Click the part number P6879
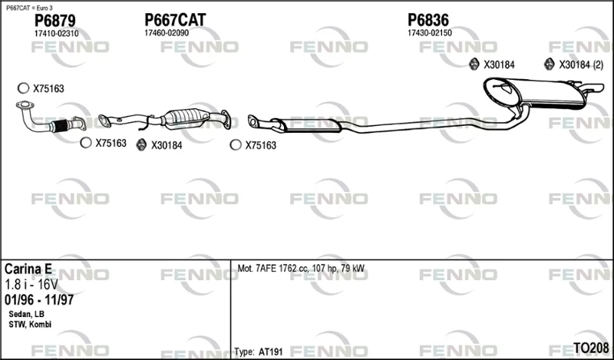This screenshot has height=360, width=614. point(54,21)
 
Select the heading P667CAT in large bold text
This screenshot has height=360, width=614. point(175,20)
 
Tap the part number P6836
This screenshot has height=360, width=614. point(428,20)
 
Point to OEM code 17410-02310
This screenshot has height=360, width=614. point(56,34)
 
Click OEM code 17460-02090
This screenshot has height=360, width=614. point(167,33)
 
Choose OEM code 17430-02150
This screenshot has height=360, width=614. point(430,33)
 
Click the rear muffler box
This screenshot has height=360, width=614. point(536,93)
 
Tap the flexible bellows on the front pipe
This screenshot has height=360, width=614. point(61,126)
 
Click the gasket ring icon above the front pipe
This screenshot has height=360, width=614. point(24,88)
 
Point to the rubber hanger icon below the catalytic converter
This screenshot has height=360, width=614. point(141,145)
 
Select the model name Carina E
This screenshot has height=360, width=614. point(28,269)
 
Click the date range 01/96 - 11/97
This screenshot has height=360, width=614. point(39,300)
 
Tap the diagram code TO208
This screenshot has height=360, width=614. point(591,348)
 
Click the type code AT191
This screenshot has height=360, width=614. point(270,352)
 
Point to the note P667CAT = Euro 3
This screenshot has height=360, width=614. point(29,8)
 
